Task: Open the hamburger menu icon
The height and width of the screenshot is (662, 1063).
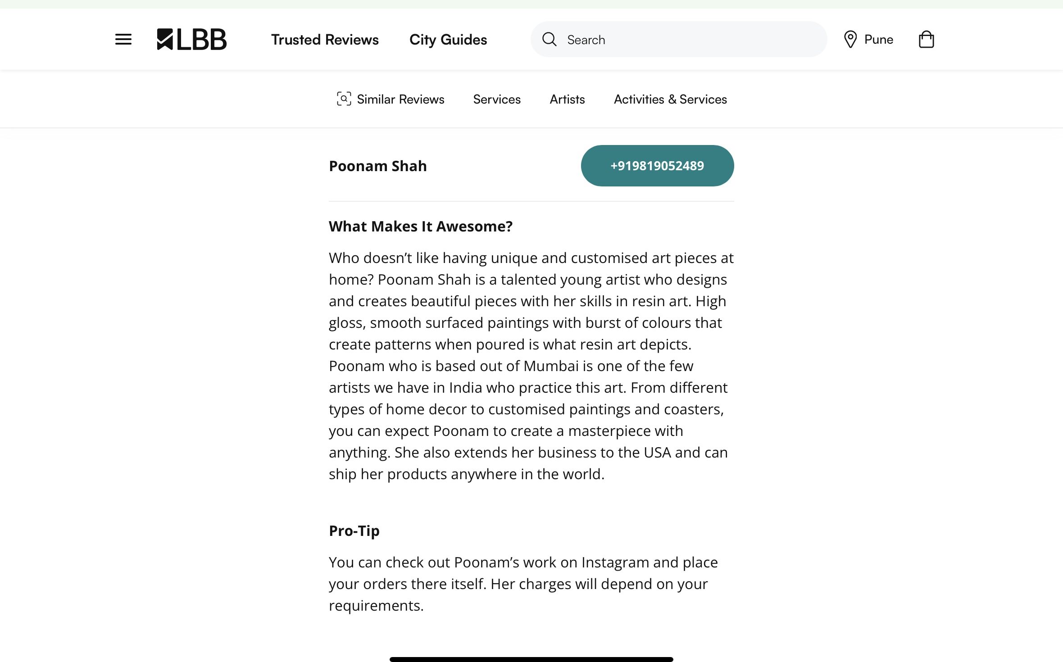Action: click(x=123, y=40)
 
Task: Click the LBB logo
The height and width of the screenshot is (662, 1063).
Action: click(x=191, y=40)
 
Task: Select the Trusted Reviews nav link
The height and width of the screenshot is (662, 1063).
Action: click(x=325, y=40)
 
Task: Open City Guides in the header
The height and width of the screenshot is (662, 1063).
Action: click(x=448, y=40)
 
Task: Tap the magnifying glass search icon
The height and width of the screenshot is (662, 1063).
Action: click(x=549, y=40)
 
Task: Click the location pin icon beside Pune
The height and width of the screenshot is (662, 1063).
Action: click(x=850, y=40)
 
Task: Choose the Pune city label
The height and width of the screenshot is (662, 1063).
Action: click(x=878, y=40)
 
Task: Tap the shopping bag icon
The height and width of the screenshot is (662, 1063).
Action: click(x=926, y=40)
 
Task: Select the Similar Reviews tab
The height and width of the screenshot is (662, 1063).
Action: click(x=391, y=99)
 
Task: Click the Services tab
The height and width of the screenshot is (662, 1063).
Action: click(x=497, y=99)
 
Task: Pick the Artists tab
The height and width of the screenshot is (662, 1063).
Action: click(x=567, y=99)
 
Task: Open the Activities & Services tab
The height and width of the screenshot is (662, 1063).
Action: click(x=670, y=99)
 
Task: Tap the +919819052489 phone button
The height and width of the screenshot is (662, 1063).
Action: click(x=657, y=166)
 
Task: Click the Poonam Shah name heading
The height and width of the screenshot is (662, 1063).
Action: click(x=377, y=166)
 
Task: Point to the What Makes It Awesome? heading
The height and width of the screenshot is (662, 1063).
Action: click(x=420, y=227)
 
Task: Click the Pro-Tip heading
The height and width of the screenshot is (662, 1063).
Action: click(x=354, y=531)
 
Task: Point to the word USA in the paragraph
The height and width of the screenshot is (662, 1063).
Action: click(x=657, y=453)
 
